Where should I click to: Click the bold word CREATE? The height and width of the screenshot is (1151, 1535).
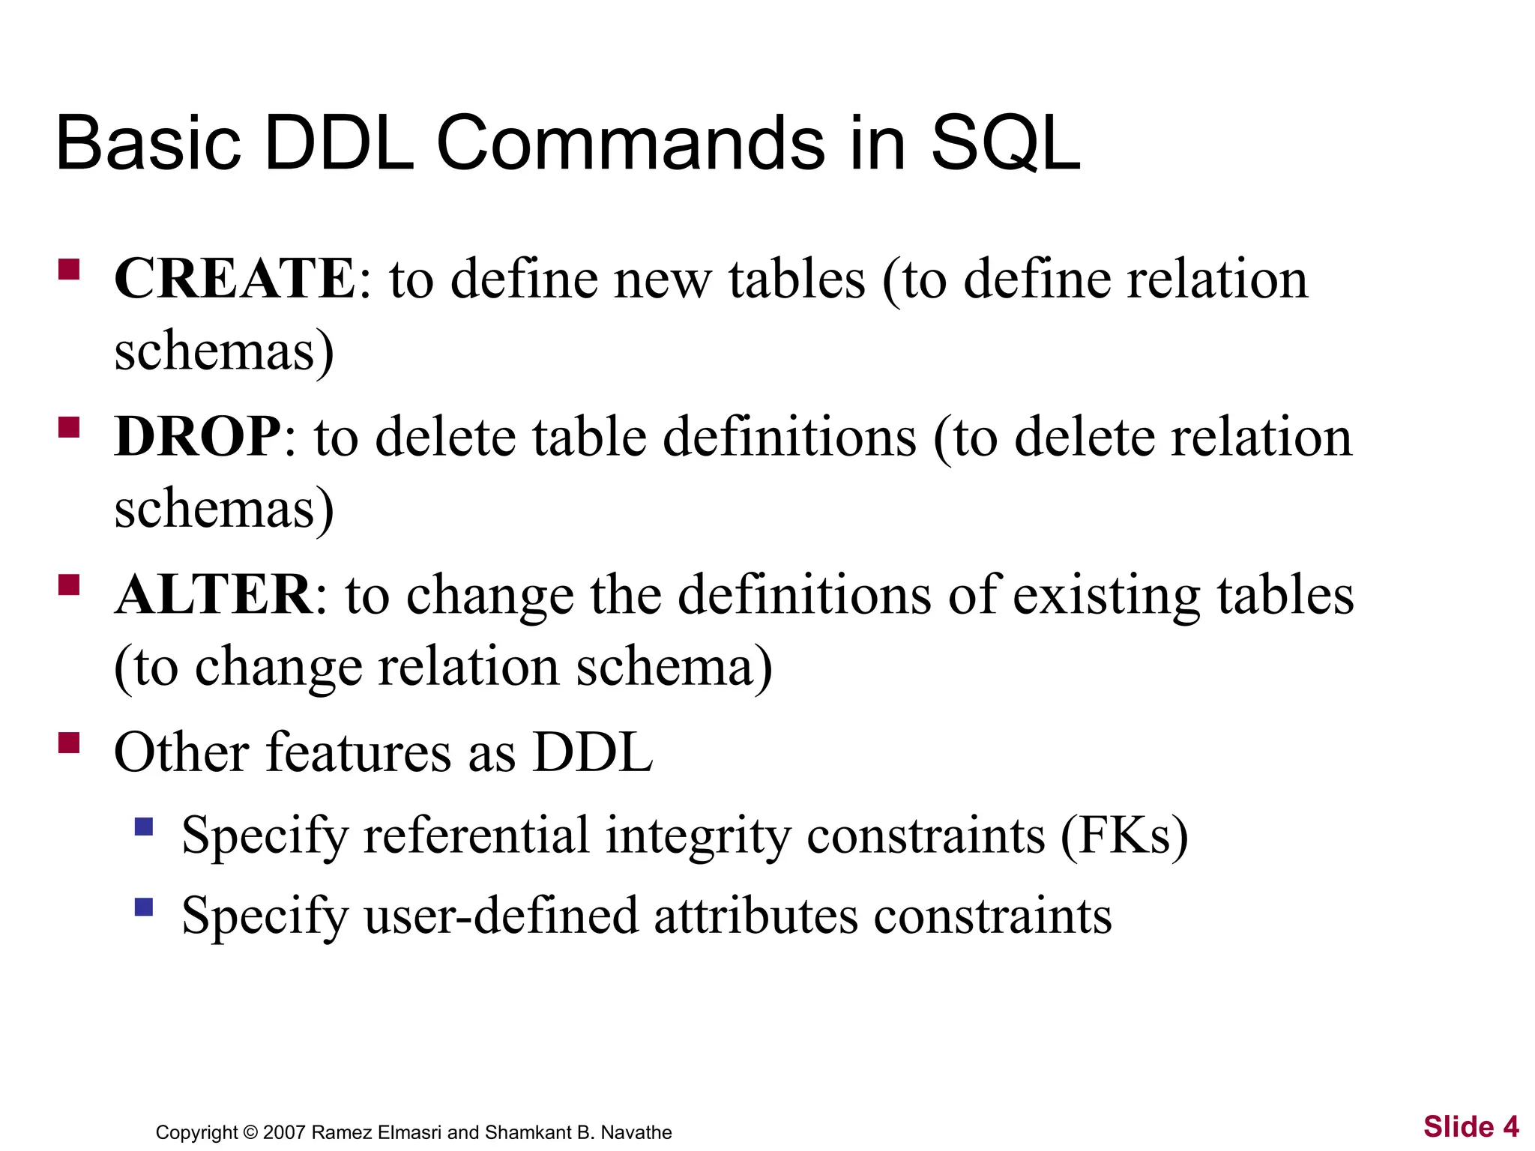[235, 279]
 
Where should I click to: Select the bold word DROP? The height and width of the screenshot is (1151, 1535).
[198, 437]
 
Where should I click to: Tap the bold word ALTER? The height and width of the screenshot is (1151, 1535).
[214, 595]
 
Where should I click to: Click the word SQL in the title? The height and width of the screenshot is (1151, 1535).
[1005, 143]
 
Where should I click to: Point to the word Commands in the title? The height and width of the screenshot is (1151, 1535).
[630, 143]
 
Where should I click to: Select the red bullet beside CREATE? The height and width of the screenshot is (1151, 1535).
[69, 270]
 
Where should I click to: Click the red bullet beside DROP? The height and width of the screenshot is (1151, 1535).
[69, 428]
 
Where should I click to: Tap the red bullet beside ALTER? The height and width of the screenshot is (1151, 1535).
[69, 585]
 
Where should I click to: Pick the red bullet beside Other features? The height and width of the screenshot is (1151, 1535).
[69, 743]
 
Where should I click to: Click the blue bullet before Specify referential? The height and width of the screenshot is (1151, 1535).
[144, 827]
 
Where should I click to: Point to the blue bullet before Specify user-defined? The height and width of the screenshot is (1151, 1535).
[144, 907]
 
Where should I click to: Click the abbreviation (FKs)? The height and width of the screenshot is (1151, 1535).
[1124, 836]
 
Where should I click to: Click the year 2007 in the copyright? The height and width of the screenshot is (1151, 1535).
[284, 1132]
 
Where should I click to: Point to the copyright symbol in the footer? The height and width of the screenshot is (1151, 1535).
[251, 1132]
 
